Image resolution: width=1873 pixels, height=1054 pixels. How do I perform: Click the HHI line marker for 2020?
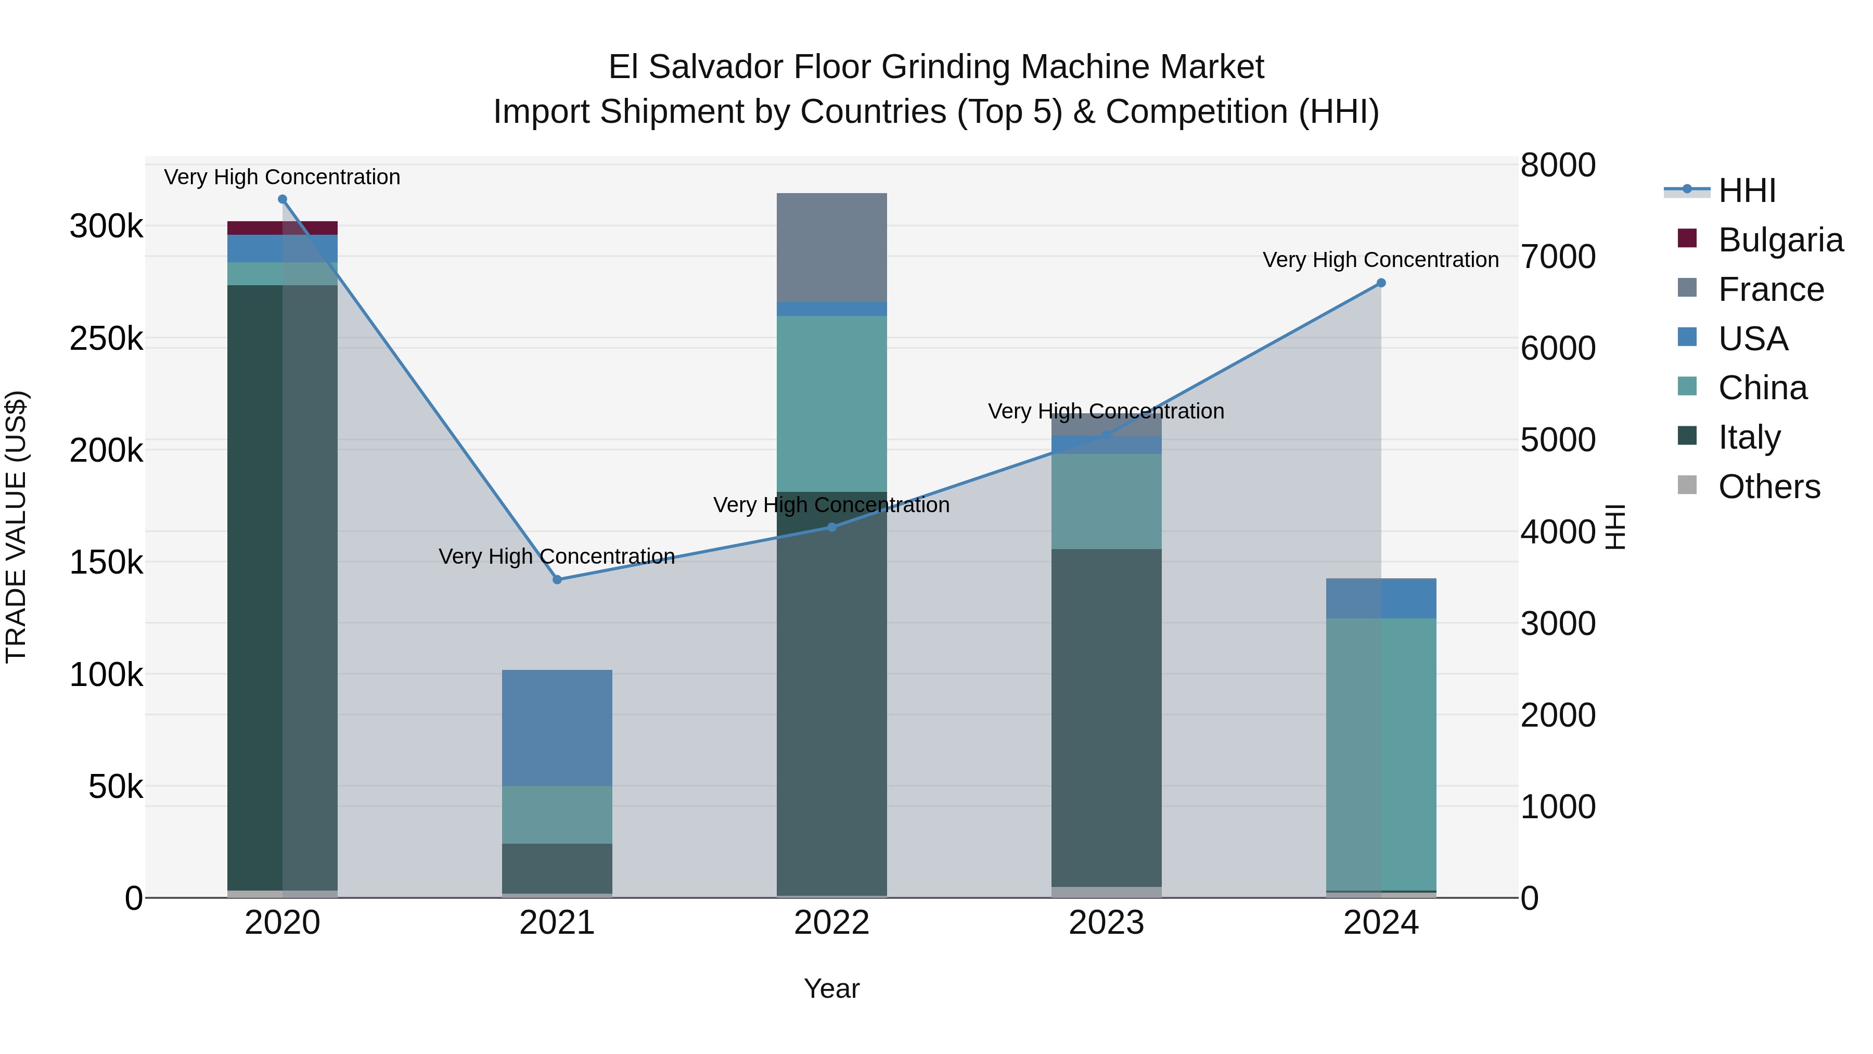pos(283,199)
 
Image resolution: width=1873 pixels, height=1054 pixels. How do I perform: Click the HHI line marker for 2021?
pos(557,580)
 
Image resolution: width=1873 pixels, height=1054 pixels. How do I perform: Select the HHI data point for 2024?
pos(1381,283)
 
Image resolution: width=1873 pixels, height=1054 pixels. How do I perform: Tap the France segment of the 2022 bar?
pos(832,247)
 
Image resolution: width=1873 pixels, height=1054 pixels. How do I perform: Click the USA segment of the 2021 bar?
pos(557,728)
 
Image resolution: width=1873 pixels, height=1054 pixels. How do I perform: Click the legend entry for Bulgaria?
pos(1780,240)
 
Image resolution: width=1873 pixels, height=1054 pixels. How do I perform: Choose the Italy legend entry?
pos(1749,437)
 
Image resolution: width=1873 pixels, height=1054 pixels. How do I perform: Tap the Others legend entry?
pos(1768,487)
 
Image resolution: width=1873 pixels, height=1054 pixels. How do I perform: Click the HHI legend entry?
pos(1747,191)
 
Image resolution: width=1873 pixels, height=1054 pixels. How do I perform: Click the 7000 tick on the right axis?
pos(1557,257)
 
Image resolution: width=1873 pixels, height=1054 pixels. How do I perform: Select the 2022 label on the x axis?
pos(832,923)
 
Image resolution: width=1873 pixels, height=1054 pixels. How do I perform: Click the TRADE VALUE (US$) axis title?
pos(16,527)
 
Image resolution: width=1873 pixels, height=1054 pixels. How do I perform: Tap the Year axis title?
pos(832,988)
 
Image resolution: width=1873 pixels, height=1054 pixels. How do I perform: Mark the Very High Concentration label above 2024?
pos(1381,260)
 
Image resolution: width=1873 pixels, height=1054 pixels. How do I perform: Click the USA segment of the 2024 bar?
pos(1381,599)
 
